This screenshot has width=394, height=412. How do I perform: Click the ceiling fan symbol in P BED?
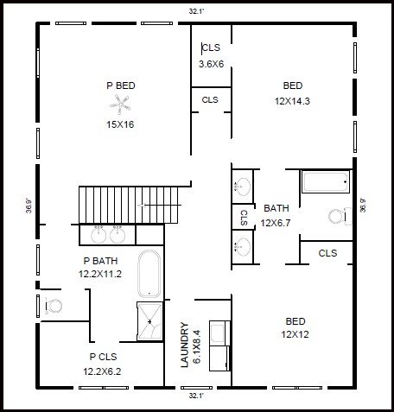tap(120, 105)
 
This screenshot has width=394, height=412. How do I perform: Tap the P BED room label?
tap(121, 86)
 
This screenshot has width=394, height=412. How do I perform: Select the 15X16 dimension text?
tap(120, 124)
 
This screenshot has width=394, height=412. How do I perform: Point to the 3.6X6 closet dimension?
tap(211, 64)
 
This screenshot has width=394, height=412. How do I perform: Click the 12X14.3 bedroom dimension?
tap(292, 101)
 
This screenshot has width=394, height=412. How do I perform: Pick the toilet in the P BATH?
tap(54, 306)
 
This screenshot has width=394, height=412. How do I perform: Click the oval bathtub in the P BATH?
tap(149, 274)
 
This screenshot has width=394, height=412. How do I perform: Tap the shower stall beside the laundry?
tap(149, 321)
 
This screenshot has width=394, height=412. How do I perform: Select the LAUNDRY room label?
tap(185, 345)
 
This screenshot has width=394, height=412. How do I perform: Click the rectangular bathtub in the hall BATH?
tap(326, 181)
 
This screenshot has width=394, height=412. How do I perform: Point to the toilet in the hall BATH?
tap(340, 217)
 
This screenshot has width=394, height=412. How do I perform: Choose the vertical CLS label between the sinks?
tap(244, 218)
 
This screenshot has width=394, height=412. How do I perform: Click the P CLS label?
tap(103, 357)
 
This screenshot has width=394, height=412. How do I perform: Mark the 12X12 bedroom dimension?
tap(295, 334)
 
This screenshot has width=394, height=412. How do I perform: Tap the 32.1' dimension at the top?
tap(196, 11)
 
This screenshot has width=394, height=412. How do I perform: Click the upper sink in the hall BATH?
tap(242, 187)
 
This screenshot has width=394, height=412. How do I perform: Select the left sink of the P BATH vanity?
tap(98, 235)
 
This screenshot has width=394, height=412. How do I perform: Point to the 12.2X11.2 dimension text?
tap(100, 274)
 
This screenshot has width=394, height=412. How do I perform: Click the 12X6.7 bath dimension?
tap(276, 223)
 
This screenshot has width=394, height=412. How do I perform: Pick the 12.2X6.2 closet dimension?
tap(102, 371)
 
